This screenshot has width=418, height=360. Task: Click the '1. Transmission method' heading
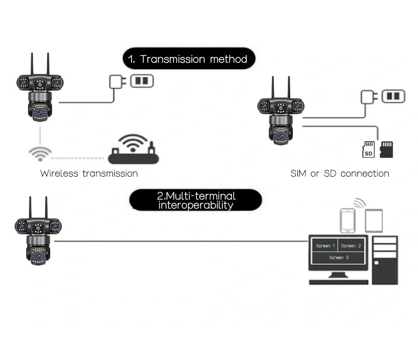coord(189,59)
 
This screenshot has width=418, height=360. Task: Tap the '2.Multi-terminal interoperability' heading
coord(196,200)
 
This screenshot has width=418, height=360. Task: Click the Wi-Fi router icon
coord(133,149)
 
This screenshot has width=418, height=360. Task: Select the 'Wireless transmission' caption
coord(89,173)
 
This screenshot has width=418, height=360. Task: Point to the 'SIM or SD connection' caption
coord(340,173)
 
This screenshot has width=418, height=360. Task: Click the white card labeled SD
coord(368,150)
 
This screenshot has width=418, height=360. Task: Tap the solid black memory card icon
coord(386,150)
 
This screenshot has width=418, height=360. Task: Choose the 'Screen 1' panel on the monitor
coord(325,245)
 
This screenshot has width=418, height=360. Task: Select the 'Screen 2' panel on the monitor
coord(351,245)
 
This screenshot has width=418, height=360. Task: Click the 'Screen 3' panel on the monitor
coord(338,257)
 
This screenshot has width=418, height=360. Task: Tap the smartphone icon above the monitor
coord(348,221)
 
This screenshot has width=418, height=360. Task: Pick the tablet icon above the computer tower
coord(374,221)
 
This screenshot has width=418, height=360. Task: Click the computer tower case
coord(385,260)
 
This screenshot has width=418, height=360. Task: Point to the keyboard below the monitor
coord(338,282)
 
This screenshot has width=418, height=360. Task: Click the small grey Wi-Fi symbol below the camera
coord(40,154)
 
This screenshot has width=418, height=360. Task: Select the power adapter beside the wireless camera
coord(117,82)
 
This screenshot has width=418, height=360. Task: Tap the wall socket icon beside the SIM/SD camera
coord(394,96)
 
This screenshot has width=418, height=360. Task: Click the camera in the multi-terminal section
coord(38,231)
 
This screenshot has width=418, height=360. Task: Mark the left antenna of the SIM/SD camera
coord(272,87)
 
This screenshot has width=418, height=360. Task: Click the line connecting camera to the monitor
coord(181,241)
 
